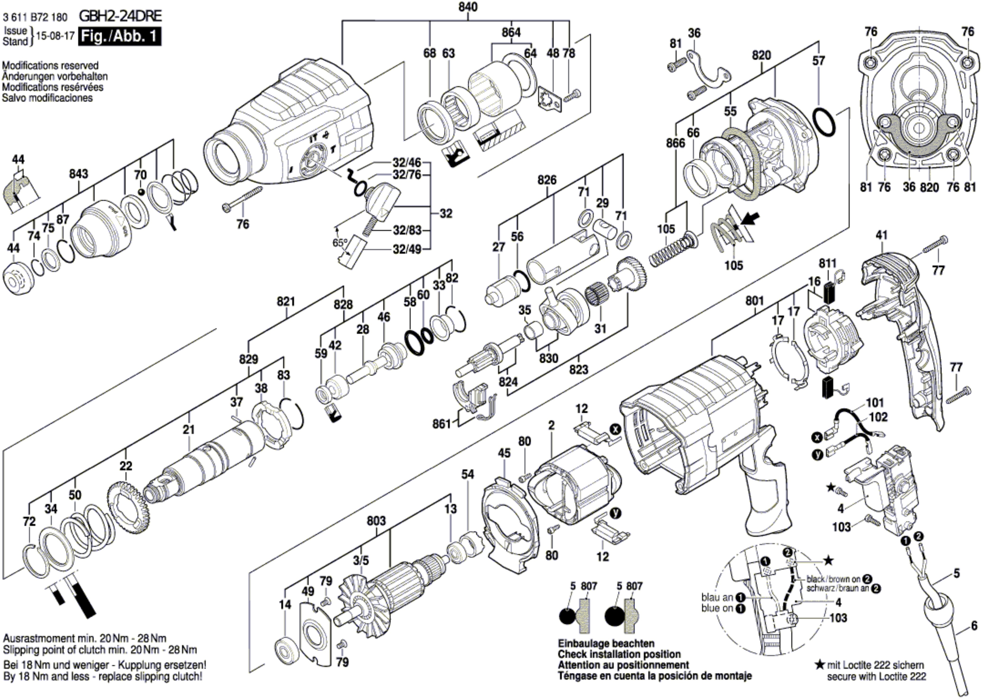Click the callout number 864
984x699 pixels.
pyautogui.click(x=511, y=32)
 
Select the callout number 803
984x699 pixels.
pyautogui.click(x=376, y=521)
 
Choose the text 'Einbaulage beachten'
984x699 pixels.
pyautogui.click(x=606, y=644)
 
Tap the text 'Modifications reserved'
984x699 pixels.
pyautogui.click(x=50, y=65)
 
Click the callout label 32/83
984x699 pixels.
pyautogui.click(x=407, y=231)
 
